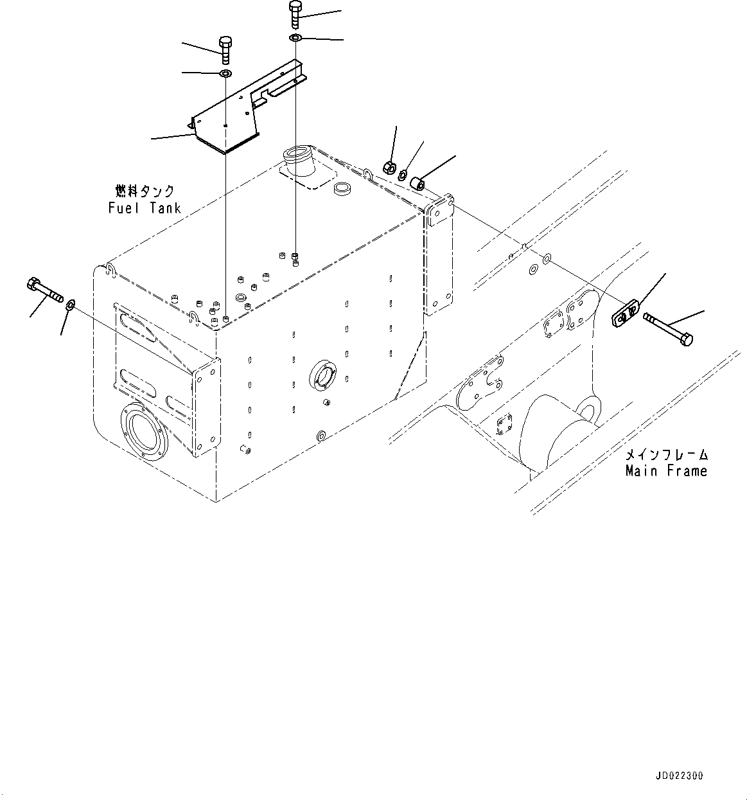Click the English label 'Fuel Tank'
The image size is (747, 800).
(x=145, y=208)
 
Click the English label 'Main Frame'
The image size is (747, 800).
(x=666, y=471)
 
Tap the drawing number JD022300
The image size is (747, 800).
(x=680, y=776)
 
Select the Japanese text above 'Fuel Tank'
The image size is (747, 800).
(x=145, y=191)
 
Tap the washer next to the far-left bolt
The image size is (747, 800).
(x=71, y=303)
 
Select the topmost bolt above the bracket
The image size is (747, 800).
(x=295, y=15)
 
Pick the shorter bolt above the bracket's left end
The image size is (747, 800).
(x=225, y=49)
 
